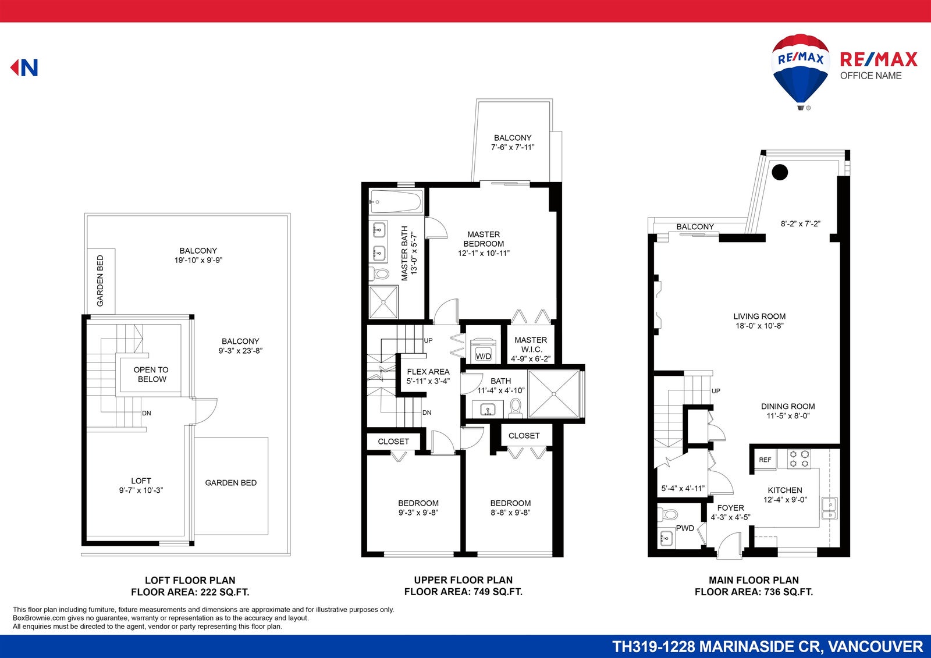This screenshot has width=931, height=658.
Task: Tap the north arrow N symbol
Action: coord(24,67)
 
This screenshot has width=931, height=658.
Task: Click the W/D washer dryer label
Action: coord(483,356)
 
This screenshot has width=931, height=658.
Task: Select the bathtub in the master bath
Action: coord(396,202)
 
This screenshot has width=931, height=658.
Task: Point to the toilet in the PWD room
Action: coord(668,515)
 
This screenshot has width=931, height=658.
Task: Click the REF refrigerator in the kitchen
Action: coord(765,460)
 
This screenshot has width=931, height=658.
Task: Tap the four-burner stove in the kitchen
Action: coord(799,458)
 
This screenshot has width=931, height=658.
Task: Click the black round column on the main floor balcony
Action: coord(780,172)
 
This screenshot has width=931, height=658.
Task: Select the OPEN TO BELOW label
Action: coord(151,375)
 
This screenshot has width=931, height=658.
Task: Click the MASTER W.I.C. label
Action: coord(531,344)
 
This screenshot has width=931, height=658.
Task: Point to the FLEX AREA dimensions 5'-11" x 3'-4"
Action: coord(428,381)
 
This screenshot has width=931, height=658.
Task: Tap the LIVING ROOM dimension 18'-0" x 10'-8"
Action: coord(759,326)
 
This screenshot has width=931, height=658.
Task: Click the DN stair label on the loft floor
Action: coord(146,413)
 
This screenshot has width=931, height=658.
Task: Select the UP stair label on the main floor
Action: coord(716,391)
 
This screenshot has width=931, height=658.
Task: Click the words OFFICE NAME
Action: coord(870,76)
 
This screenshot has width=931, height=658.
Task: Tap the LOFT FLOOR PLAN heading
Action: coord(190,580)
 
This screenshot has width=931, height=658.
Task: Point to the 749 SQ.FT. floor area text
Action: coord(498,592)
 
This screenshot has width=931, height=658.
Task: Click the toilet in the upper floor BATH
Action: coord(516,408)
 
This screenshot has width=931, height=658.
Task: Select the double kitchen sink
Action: coord(829,508)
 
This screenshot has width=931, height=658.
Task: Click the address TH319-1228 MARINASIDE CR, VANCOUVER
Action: coord(767,647)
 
